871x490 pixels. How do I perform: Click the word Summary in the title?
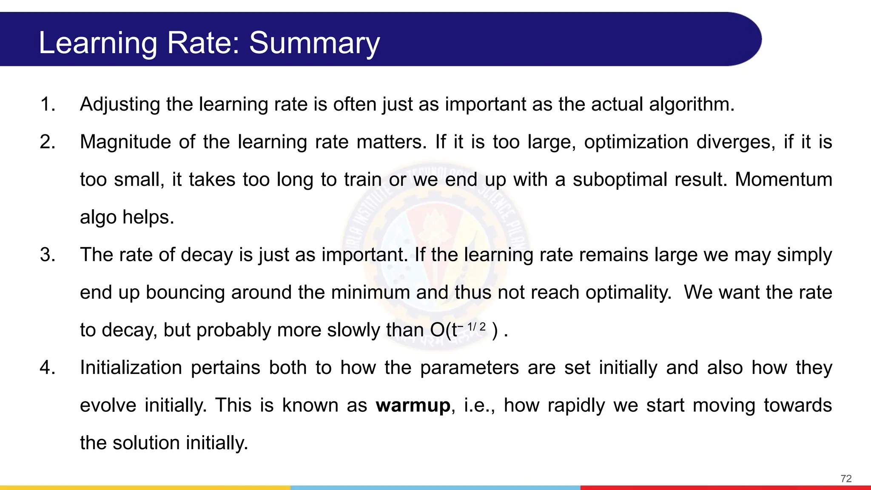pyautogui.click(x=314, y=43)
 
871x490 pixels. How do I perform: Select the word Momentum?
pyautogui.click(x=783, y=179)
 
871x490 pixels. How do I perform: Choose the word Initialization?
pyautogui.click(x=131, y=367)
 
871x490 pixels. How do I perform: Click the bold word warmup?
pyautogui.click(x=413, y=405)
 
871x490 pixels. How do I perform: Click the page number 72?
pyautogui.click(x=846, y=479)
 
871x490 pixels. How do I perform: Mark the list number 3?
pyautogui.click(x=47, y=255)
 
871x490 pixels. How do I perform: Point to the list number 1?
pyautogui.click(x=47, y=105)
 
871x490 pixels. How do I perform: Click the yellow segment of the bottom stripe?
pyautogui.click(x=145, y=487)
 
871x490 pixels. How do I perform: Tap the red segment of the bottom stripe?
pyautogui.click(x=726, y=487)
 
